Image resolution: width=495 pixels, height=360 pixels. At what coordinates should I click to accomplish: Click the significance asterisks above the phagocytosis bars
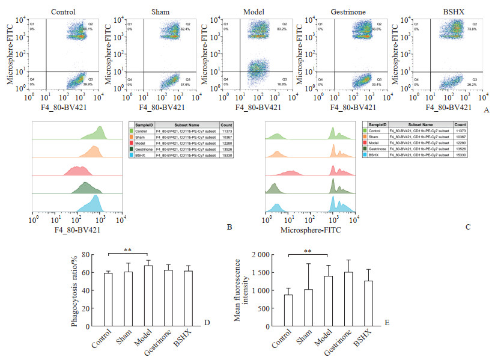[x=128, y=249]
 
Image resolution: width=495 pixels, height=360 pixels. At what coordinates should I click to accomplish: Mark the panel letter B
[x=229, y=228]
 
